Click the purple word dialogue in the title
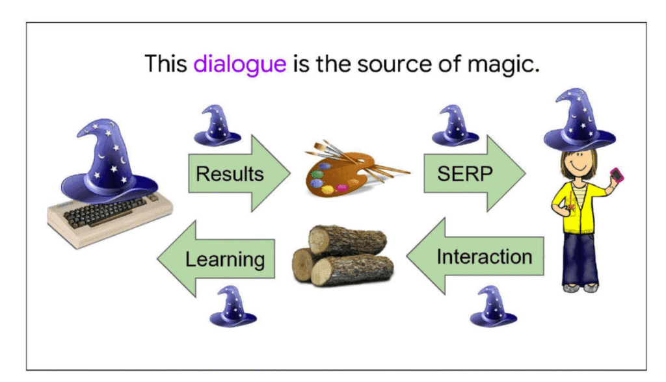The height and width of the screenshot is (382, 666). [x=240, y=64]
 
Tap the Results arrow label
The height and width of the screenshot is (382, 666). [x=230, y=174]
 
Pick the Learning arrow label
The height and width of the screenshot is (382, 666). [x=225, y=259]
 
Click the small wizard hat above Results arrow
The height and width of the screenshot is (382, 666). [x=217, y=126]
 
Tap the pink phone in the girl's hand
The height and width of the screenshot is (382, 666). [x=615, y=175]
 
